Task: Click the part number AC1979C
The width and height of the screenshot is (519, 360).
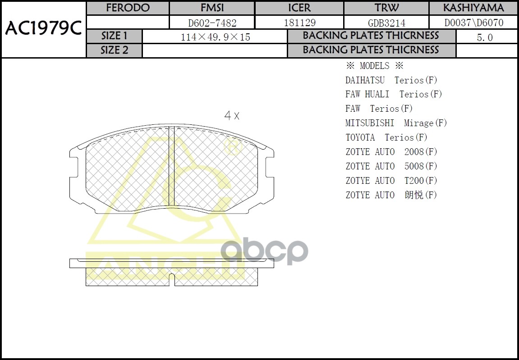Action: click(43, 29)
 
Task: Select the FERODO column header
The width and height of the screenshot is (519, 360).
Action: click(128, 8)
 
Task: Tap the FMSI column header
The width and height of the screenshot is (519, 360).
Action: click(212, 8)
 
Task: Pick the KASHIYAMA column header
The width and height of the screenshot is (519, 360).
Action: click(473, 8)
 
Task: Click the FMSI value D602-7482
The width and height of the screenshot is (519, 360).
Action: click(212, 23)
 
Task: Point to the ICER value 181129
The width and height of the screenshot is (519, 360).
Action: click(299, 23)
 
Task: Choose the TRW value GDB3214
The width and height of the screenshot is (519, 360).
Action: click(386, 23)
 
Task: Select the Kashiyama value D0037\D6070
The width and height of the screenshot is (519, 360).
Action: click(473, 23)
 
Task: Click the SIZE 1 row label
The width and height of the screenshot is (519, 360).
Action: click(115, 36)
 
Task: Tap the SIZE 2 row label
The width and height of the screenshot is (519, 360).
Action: click(115, 50)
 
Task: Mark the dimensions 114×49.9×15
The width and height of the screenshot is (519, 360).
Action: click(215, 37)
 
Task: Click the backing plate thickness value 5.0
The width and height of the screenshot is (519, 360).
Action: click(485, 37)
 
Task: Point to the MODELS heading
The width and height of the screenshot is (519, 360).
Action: click(374, 66)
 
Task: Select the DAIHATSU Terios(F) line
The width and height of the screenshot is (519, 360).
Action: click(391, 80)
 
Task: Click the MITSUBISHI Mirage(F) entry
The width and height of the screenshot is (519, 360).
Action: click(396, 123)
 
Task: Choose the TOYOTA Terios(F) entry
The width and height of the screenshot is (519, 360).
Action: click(386, 137)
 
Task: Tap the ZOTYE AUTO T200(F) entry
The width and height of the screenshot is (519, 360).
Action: click(391, 181)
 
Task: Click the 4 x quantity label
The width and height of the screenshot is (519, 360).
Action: click(232, 116)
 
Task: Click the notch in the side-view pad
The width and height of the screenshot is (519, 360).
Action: click(171, 279)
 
